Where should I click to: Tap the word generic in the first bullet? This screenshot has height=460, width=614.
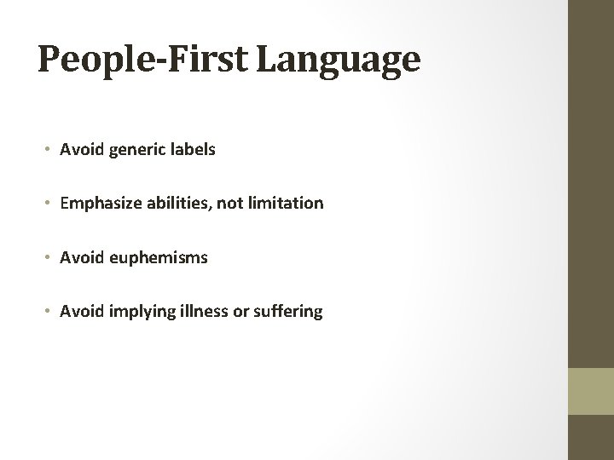pos(132,150)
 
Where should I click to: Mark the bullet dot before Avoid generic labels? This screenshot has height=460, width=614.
pos(49,151)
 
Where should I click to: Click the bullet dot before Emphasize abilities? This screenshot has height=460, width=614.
pos(49,204)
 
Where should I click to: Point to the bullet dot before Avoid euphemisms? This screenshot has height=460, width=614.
pos(49,258)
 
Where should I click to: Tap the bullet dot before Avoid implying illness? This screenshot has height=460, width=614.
pos(49,313)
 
